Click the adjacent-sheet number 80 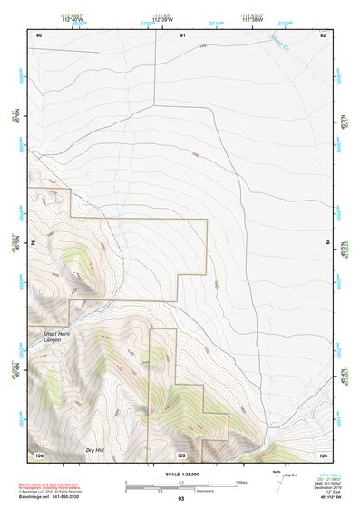coord(39,34)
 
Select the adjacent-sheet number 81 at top coord(182,34)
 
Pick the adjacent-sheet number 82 coord(323,34)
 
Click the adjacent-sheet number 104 coord(39,455)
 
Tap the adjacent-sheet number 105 coord(181,455)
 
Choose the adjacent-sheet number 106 coord(323,455)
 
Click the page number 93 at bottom coord(181,499)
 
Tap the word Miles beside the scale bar coord(241,481)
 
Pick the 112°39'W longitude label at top coord(164,18)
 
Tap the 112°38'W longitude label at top coord(253,18)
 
